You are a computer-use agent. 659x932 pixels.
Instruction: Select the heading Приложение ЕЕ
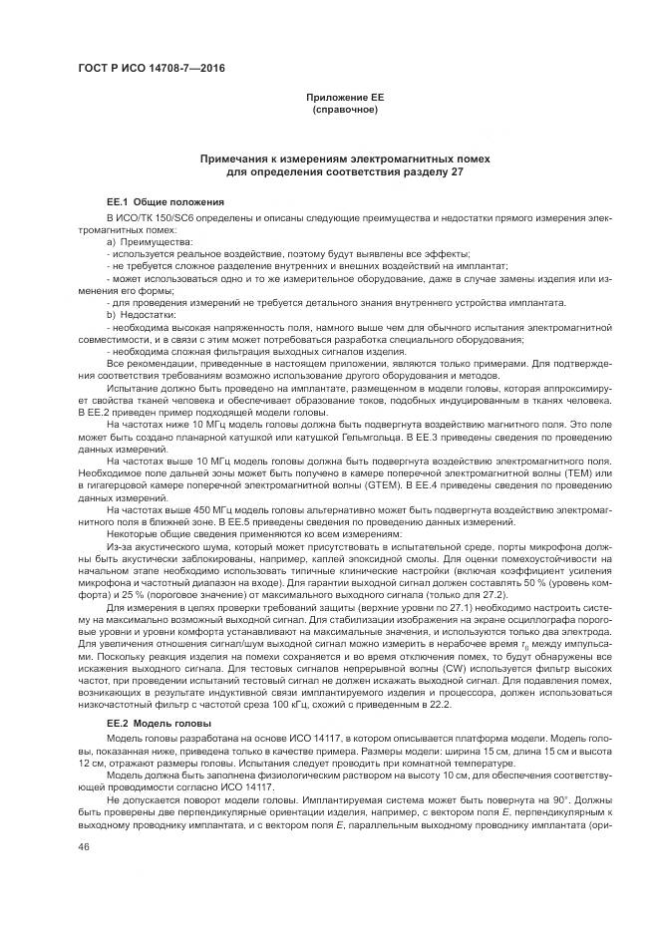pos(344,97)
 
